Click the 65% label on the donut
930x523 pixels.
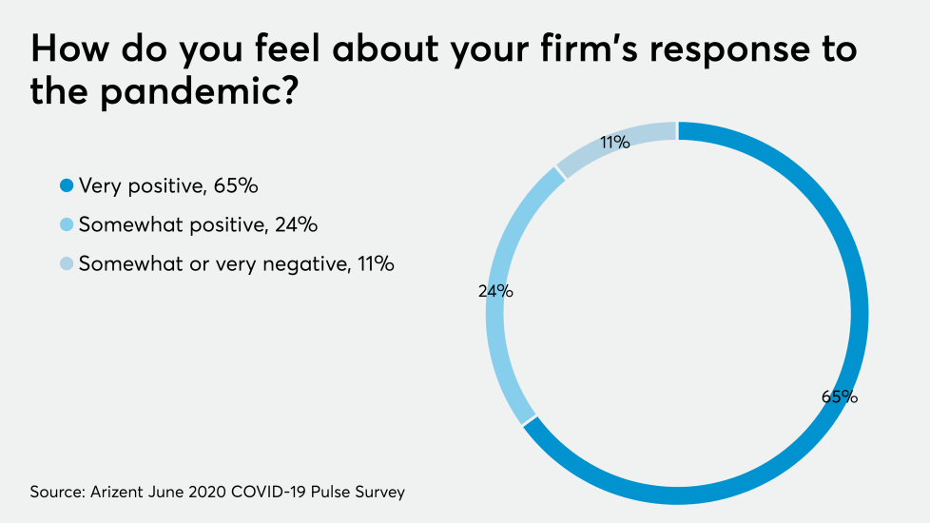coord(841,397)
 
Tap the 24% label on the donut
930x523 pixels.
coord(495,292)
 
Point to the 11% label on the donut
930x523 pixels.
coord(614,143)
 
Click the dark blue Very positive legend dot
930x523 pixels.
coord(67,186)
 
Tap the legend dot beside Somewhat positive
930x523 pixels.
coord(67,225)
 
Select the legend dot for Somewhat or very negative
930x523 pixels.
coord(67,264)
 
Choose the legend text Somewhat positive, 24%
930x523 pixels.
coord(198,225)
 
